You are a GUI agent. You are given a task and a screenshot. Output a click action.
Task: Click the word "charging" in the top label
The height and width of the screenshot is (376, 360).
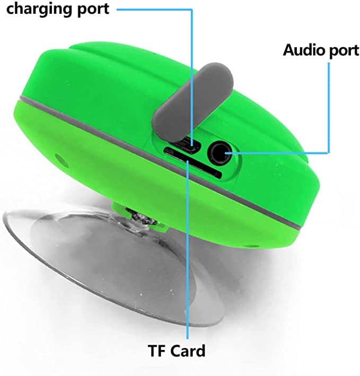36,9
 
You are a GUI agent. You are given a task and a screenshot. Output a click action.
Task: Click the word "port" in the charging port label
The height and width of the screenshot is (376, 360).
91,9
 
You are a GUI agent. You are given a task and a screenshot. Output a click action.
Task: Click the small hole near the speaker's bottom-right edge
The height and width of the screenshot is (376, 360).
252,246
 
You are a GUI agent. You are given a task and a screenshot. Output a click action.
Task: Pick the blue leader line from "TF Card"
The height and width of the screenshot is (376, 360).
188,265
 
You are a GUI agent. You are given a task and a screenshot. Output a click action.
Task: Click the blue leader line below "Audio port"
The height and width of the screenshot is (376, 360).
330,106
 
